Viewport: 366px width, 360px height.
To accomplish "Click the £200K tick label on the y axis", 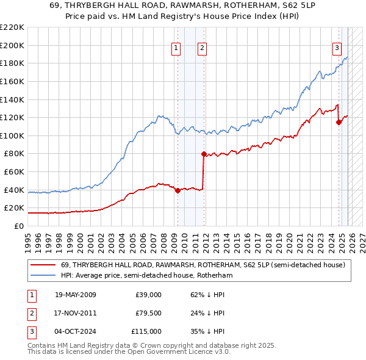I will point(12,45).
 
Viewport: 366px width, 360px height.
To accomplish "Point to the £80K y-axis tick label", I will point(14,154).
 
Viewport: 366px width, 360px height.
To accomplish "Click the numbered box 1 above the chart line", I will point(176,49).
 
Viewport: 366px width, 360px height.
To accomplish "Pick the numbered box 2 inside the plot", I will point(202,49).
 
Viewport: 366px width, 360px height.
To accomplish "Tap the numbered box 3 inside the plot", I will point(337,49).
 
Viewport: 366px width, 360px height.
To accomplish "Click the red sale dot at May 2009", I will point(178,190).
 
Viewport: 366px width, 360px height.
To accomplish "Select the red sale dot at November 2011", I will point(204,154).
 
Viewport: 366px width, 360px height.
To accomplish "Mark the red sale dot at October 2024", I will point(339,122).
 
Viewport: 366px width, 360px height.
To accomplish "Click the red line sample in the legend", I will point(43,265).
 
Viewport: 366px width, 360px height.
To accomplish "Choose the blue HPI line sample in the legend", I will point(43,276).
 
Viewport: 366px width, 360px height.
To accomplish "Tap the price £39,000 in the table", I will point(148,295).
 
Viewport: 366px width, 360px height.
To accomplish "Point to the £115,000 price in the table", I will point(146,331).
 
